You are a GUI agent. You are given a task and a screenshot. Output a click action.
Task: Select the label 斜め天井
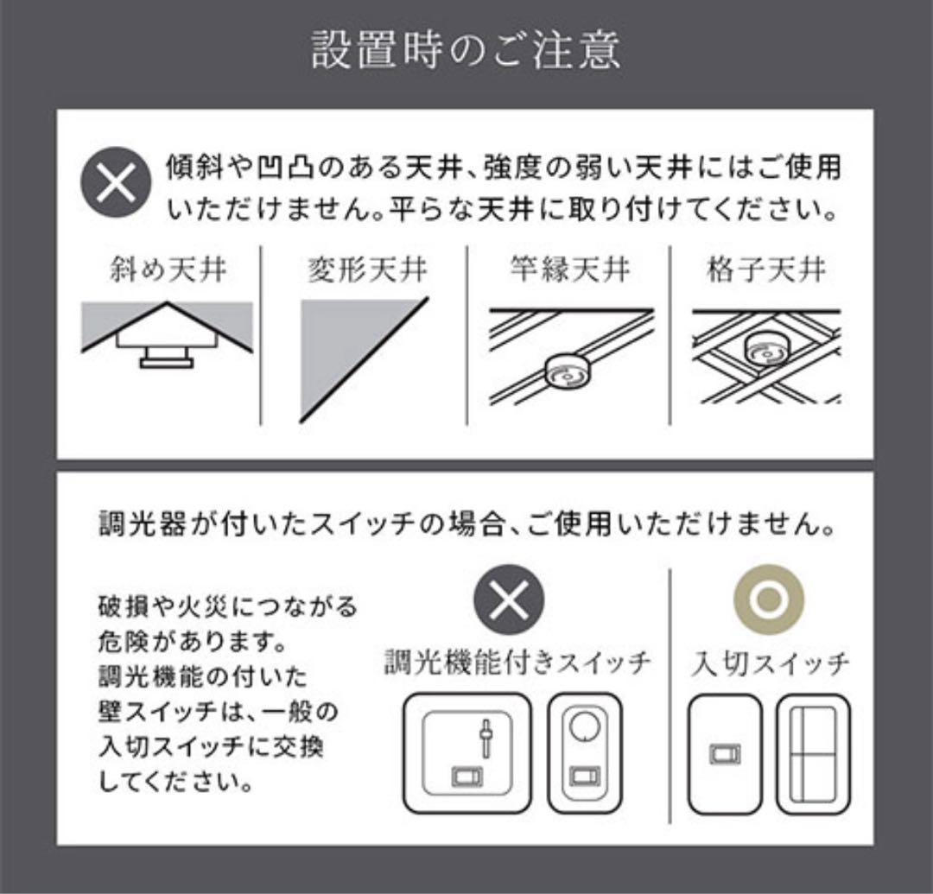168,270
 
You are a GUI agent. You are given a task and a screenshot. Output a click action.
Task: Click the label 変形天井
367,270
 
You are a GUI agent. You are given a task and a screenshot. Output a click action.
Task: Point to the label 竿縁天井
570,270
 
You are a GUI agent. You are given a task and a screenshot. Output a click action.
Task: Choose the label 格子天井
766,270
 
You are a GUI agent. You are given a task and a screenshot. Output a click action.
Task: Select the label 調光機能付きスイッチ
517,663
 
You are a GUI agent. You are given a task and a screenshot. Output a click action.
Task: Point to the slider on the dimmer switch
486,739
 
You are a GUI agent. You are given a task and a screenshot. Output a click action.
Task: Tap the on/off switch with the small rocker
724,755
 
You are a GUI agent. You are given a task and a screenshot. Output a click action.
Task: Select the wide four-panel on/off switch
812,755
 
